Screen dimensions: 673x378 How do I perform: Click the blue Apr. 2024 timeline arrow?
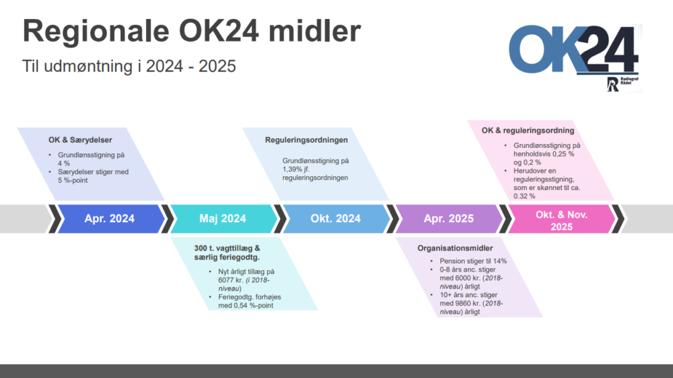click(110, 219)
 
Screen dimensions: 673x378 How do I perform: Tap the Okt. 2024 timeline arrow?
click(336, 219)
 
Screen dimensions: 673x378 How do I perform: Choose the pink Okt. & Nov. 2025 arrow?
click(562, 219)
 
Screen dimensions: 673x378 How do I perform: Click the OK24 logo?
click(574, 49)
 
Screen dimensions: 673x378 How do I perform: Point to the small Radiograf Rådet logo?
click(622, 83)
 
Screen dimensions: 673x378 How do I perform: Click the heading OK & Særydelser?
click(80, 140)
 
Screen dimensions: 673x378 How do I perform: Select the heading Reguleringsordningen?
click(306, 140)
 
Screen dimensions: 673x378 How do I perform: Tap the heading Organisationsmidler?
click(455, 248)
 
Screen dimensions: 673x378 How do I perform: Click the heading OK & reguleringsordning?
click(528, 131)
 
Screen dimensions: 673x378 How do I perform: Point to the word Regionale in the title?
click(96, 32)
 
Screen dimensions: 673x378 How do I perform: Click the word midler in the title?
click(315, 30)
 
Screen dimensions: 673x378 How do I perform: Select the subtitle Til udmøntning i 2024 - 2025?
click(129, 66)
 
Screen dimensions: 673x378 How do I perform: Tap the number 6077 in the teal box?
click(226, 280)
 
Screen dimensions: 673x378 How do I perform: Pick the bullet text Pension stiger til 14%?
click(473, 261)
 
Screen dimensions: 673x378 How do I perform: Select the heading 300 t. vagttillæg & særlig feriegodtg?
click(227, 252)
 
